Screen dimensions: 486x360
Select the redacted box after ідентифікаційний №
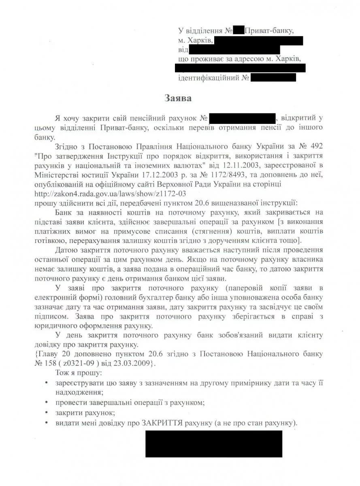(x=273, y=77)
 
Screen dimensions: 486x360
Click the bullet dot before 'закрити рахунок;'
(x=48, y=413)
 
